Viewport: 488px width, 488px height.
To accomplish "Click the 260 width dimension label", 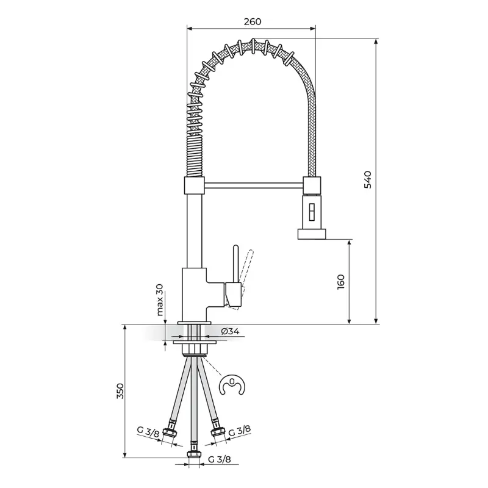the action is [x=253, y=21].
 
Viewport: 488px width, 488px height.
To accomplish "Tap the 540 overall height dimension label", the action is [x=368, y=179].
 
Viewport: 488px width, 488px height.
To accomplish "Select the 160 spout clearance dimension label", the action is [x=341, y=282].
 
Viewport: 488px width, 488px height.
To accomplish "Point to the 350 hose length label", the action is [x=120, y=391].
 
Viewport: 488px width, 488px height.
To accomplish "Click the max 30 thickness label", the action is [x=160, y=300].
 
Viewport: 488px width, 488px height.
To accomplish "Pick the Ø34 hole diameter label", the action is [x=231, y=331].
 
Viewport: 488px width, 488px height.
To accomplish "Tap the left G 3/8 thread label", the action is [x=148, y=432].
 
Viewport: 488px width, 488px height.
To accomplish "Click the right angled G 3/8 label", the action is [x=240, y=431].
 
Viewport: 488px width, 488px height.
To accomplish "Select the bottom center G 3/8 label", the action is [x=220, y=459].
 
